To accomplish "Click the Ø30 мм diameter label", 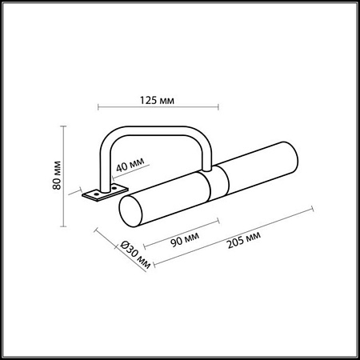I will point(135,258).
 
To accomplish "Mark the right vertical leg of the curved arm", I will point(210,152).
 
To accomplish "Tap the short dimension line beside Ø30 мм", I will point(121,251).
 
